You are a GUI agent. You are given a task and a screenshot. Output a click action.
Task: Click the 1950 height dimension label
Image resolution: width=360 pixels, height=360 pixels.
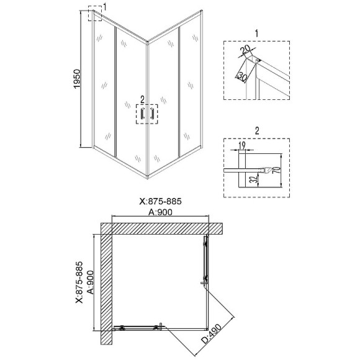[77, 79]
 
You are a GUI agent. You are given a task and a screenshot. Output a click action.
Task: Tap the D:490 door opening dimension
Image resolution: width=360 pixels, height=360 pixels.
[212, 334]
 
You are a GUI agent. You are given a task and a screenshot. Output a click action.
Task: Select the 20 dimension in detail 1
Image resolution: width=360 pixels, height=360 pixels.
[245, 50]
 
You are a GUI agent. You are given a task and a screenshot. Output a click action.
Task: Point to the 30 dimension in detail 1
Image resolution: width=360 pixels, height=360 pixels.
[243, 77]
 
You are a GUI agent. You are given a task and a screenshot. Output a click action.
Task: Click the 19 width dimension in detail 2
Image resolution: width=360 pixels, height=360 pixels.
[242, 145]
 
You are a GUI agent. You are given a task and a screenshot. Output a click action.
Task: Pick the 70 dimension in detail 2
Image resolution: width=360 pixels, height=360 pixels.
[277, 170]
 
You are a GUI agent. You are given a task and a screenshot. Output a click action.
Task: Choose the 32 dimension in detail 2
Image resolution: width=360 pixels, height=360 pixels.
[253, 179]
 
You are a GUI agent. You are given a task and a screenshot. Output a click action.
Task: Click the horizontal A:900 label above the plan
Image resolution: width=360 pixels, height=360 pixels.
[160, 212]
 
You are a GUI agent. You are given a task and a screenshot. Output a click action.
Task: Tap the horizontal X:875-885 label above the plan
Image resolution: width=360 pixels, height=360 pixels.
[160, 201]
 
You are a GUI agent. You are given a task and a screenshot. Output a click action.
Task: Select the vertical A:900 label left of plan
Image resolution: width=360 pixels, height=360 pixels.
[91, 282]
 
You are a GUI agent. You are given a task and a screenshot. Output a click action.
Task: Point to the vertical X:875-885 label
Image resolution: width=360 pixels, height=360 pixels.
[79, 282]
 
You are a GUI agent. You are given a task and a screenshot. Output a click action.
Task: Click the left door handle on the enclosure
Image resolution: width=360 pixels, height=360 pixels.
[143, 114]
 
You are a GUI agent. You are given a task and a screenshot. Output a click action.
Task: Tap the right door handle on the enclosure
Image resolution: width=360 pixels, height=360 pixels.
[151, 114]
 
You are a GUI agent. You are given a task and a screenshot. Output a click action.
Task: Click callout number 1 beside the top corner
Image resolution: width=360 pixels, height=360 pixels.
[105, 7]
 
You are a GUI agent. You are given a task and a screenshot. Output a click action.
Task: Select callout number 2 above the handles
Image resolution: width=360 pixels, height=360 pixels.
[142, 100]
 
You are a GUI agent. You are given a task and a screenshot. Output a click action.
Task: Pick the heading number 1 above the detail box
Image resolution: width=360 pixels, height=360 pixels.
[257, 34]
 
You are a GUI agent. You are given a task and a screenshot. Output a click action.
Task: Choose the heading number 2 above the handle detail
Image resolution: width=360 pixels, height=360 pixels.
[257, 131]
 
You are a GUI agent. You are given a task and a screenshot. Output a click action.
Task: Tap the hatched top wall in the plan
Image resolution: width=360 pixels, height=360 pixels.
[161, 228]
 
